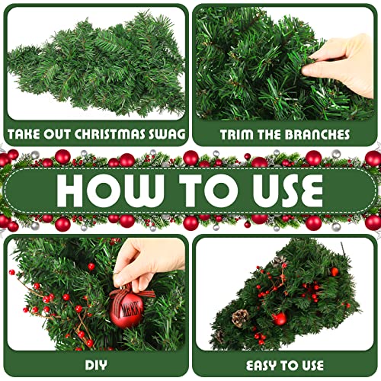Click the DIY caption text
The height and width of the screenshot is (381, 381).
pos(95,364)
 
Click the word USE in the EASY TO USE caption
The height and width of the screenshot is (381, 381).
pos(312,364)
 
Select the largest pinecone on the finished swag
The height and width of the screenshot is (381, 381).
pos(241,317)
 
